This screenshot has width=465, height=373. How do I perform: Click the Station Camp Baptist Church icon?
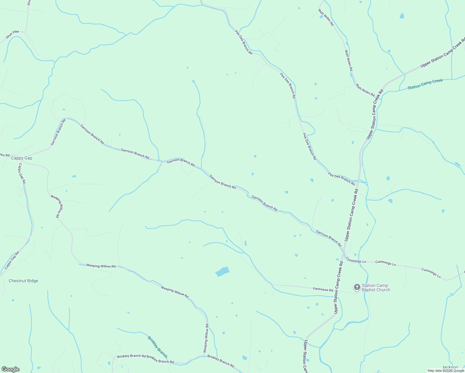coord(357,287)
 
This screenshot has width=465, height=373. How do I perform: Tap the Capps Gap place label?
coord(22,158)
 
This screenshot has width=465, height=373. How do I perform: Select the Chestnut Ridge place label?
coord(23,281)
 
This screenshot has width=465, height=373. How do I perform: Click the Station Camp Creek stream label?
coord(425,84)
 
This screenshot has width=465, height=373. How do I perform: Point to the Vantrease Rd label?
coord(323,289)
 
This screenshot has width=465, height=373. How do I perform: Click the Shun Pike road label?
coord(12,35)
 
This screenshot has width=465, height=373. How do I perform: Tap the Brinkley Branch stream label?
coord(158,347)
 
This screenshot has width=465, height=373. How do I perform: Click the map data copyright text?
coord(445,371)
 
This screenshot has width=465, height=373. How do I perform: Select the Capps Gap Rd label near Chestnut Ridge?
coord(12,260)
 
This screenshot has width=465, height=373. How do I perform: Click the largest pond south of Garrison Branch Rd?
coord(222,271)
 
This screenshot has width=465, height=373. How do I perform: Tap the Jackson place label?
coord(450,367)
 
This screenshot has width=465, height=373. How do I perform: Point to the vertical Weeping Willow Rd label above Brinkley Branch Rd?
coord(206,338)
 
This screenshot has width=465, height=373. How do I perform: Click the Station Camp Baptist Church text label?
coord(376,288)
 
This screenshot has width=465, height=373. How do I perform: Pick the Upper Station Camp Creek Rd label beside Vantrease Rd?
coord(338,287)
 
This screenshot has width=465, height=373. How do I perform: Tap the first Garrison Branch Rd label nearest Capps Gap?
coord(58,132)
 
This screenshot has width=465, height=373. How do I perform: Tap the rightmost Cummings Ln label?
coord(431,273)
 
